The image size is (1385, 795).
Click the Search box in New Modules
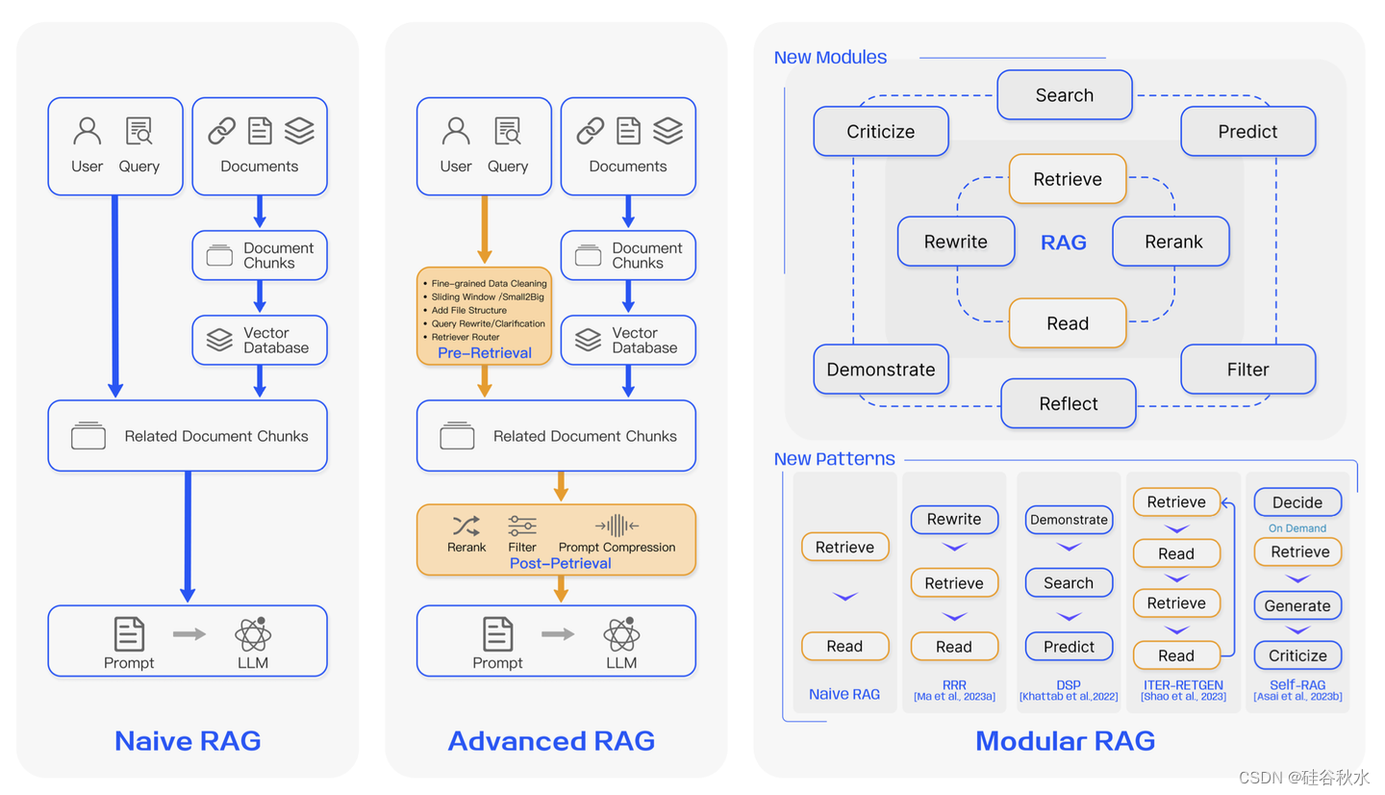(x=1064, y=95)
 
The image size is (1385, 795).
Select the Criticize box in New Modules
(x=880, y=132)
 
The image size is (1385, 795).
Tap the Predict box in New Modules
(x=1247, y=132)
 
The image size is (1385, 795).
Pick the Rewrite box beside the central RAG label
(x=955, y=242)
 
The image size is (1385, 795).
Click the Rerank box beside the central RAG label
(x=1172, y=242)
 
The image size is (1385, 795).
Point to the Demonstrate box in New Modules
(x=880, y=370)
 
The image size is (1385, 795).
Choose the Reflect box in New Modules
(x=1068, y=404)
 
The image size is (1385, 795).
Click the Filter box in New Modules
(x=1247, y=370)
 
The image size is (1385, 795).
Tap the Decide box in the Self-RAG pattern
(x=1297, y=502)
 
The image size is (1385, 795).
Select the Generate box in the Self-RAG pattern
(x=1297, y=605)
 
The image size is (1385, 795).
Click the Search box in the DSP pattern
(x=1068, y=583)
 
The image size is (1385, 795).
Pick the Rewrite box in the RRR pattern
(x=953, y=520)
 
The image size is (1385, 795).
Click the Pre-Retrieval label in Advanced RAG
(x=484, y=353)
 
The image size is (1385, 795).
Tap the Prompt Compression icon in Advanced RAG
(x=617, y=526)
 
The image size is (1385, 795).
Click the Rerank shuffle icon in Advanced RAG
(x=466, y=526)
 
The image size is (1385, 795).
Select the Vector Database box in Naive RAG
(x=260, y=340)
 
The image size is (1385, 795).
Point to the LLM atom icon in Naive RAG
(x=253, y=634)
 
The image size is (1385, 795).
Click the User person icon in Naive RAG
(x=88, y=130)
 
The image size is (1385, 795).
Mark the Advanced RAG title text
(x=551, y=741)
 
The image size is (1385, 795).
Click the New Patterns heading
(x=834, y=459)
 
